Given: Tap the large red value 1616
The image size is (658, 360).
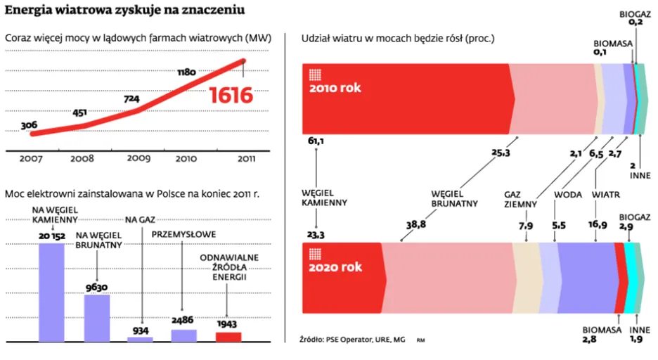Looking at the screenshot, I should tap(231, 95).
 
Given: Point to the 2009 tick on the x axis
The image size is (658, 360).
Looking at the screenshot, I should tap(138, 158).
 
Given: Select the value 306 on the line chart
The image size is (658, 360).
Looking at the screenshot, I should tap(29, 125).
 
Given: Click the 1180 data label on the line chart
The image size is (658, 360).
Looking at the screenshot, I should tap(186, 72).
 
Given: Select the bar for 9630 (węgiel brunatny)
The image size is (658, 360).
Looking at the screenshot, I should tap(97, 317).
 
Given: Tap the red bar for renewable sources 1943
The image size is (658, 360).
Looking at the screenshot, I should tap(228, 336).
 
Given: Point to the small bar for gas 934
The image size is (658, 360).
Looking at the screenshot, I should tap(140, 339).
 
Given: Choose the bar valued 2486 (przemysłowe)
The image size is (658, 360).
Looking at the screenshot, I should tap(184, 335).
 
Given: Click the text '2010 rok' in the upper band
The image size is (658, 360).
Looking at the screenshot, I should tap(335, 88).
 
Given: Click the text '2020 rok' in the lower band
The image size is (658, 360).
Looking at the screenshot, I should tap(335, 267).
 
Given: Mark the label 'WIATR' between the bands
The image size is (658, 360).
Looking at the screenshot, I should tap(605, 194).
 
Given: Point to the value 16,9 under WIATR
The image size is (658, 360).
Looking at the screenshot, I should tap(598, 224).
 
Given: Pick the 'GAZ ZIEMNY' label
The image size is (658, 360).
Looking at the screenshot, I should tap(521, 199).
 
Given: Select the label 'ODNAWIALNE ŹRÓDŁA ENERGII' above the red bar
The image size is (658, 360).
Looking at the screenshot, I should tap(228, 267).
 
